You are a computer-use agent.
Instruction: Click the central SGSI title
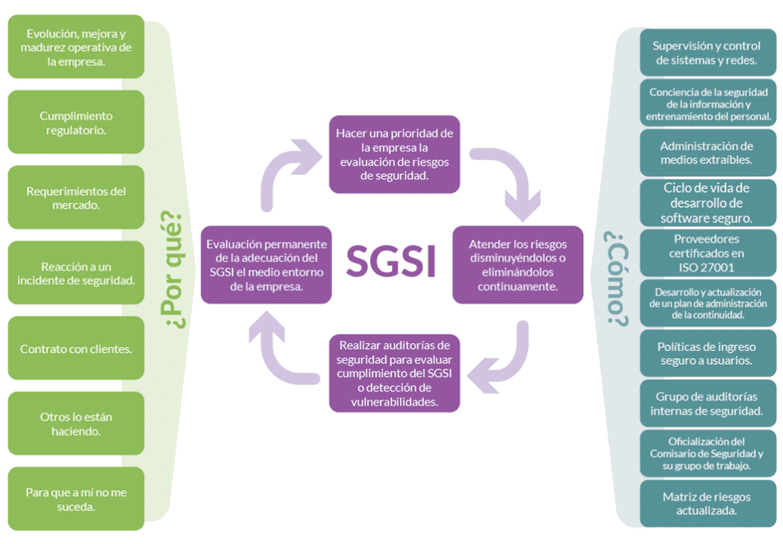point(391,260)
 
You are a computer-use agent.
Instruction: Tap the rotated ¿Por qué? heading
point(173,270)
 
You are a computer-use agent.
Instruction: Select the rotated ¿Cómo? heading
point(616,278)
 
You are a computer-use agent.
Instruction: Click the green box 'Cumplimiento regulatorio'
point(76,122)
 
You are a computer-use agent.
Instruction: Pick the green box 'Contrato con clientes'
point(76,348)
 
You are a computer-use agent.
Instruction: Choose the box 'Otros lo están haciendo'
point(76,424)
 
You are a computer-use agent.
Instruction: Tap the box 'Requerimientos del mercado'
point(76,198)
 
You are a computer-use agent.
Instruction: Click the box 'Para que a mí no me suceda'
point(76,499)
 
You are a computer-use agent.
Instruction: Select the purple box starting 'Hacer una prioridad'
point(395,154)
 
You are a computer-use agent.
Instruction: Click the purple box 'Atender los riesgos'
point(518,265)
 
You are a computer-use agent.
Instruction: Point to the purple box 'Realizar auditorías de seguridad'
point(395,374)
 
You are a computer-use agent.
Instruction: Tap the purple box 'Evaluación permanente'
point(266,265)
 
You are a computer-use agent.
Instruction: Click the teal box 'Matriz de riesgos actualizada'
point(708,504)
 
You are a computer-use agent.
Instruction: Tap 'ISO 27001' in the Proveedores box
point(706,267)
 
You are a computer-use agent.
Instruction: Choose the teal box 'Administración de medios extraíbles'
point(708,153)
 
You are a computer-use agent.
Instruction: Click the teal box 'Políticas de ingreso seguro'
point(708,353)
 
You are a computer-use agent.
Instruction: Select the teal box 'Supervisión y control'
point(708,53)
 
